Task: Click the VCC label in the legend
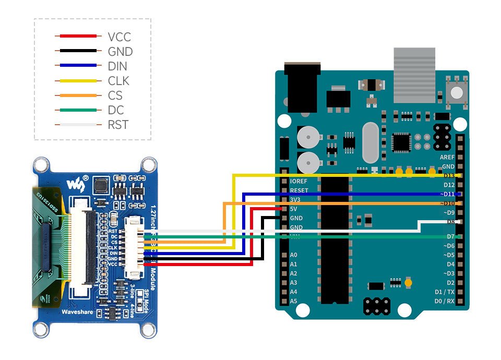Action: pos(119,37)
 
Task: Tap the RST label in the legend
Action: pos(117,125)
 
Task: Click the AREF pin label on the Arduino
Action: pos(447,157)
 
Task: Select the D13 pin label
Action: pos(449,176)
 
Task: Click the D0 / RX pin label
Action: pos(444,301)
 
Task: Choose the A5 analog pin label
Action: pos(293,301)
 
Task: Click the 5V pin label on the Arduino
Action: pos(294,209)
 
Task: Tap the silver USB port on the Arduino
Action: pos(414,75)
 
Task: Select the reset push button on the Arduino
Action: pos(457,92)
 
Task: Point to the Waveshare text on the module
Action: pos(77,311)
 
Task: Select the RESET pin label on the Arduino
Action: pos(299,190)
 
